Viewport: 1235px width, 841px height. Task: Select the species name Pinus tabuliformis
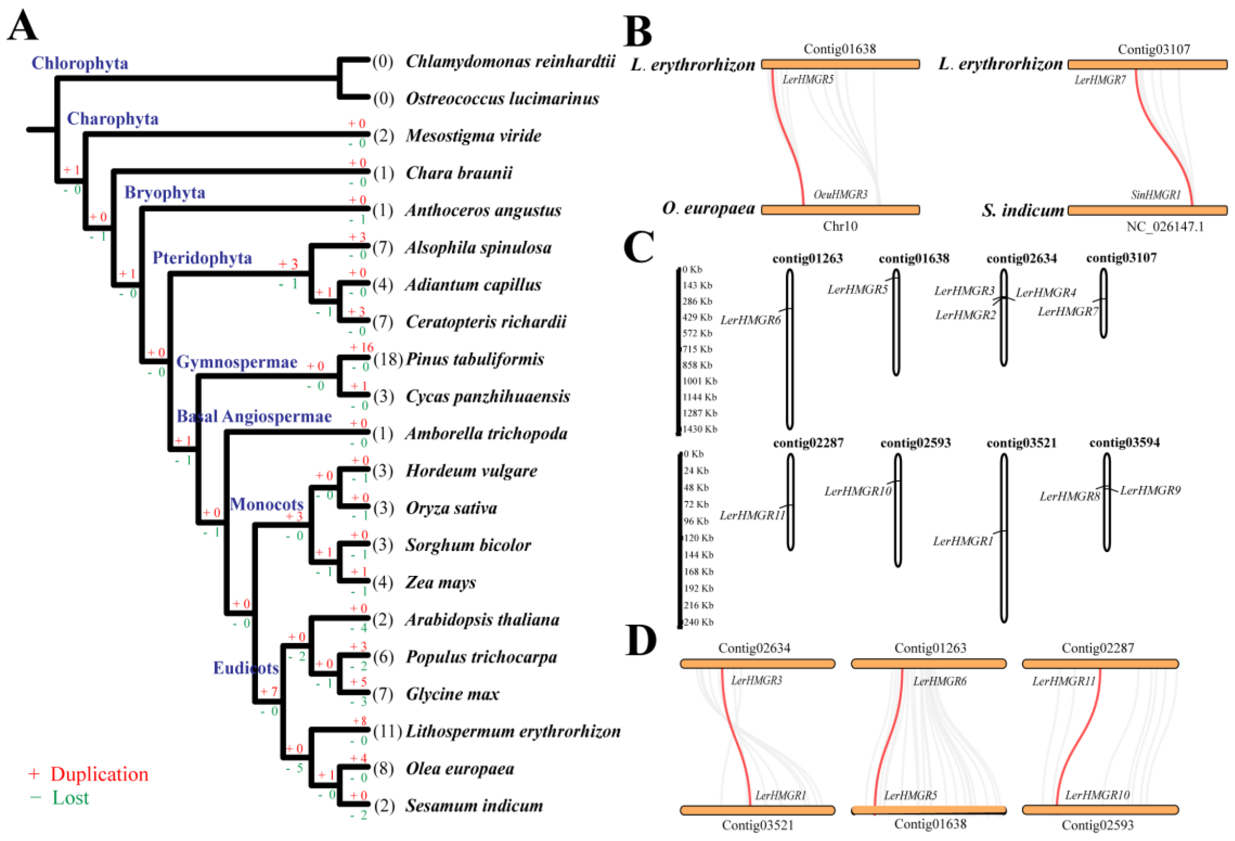[475, 359]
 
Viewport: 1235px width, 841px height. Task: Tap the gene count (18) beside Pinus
[388, 359]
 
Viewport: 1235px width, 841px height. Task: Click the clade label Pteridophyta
[202, 258]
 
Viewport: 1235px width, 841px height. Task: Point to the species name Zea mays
[441, 583]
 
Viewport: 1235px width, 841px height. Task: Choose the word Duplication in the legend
[99, 774]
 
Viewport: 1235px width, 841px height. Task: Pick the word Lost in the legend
[70, 798]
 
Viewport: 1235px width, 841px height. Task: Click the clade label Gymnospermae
[237, 362]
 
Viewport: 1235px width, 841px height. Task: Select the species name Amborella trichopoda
[486, 434]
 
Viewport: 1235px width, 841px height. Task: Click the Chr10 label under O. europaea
[840, 227]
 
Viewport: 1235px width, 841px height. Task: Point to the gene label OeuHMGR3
[840, 195]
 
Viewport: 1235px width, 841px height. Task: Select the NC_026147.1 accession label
[1165, 227]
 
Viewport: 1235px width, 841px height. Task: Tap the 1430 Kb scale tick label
[700, 429]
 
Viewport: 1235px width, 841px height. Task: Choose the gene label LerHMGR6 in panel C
[750, 320]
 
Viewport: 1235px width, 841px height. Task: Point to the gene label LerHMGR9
[1150, 490]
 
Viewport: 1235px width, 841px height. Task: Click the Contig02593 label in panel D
[1097, 825]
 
